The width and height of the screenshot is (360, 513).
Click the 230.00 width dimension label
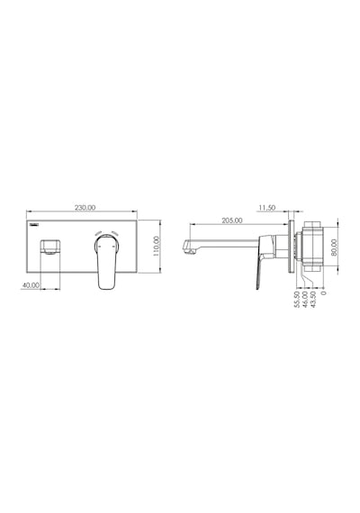click(85, 207)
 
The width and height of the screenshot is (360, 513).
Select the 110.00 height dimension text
click(156, 246)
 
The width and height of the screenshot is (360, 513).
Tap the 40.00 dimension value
click(31, 285)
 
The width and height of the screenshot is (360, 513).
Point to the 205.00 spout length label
click(232, 220)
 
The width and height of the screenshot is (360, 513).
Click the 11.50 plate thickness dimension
click(267, 207)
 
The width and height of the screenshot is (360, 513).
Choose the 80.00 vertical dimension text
click(334, 247)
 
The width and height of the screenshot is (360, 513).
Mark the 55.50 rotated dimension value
click(297, 300)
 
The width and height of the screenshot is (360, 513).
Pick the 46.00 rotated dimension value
click(305, 300)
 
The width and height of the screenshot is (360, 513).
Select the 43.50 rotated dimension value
click(313, 300)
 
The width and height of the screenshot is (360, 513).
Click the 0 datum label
click(324, 292)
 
